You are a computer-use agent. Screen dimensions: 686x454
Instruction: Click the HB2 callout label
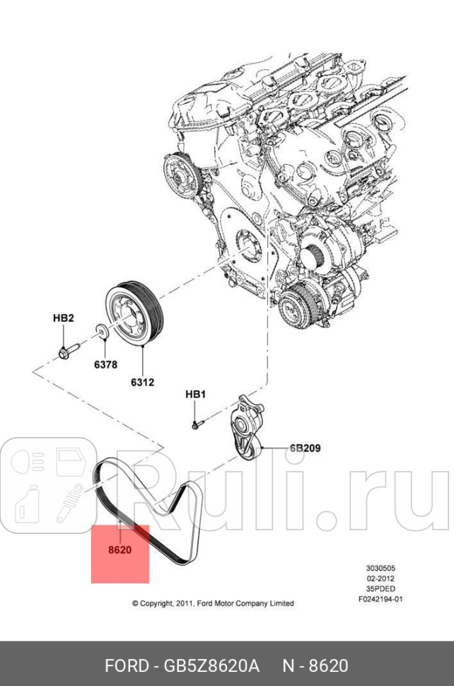point(64,318)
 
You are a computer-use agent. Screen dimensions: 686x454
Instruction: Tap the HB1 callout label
point(195,394)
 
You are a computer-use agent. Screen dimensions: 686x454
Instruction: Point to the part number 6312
point(141,383)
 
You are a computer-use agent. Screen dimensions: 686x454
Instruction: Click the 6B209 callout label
point(305,448)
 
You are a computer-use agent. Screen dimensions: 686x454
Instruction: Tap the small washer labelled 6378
point(102,330)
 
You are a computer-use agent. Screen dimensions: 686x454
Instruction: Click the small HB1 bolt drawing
point(198,424)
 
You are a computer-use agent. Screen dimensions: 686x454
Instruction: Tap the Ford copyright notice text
point(213,603)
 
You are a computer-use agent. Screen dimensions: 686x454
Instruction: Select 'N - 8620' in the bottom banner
point(315,665)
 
